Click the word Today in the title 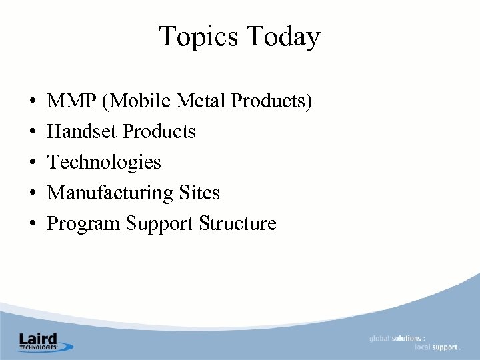(283, 37)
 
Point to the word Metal (202, 101)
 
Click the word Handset (83, 132)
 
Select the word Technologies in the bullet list (105, 163)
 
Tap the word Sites (199, 193)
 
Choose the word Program (84, 224)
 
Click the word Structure (238, 224)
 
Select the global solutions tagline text (397, 339)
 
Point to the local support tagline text (437, 347)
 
